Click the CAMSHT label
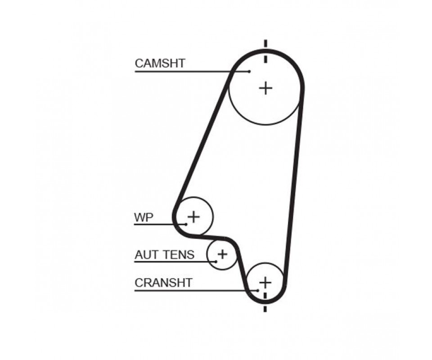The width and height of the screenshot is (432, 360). point(160,63)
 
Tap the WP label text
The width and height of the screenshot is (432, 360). point(144,218)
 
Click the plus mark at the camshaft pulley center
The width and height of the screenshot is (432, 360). point(266,88)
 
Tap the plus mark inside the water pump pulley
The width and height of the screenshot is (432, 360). point(193,217)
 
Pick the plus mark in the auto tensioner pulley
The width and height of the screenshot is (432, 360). point(222,254)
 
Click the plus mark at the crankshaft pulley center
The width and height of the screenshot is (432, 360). point(265,282)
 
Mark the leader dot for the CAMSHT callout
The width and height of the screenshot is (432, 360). point(249,72)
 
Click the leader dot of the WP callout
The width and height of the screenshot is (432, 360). point(186,224)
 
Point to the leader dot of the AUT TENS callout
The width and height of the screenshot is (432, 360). point(216,261)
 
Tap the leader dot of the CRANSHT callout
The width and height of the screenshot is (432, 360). point(257,290)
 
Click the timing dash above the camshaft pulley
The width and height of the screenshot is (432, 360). point(265,44)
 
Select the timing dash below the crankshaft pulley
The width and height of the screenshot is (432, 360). point(265,309)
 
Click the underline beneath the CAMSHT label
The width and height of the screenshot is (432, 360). point(192,72)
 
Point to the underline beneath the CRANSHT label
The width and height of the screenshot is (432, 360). point(196,290)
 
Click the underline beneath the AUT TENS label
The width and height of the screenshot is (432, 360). point(175,261)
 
